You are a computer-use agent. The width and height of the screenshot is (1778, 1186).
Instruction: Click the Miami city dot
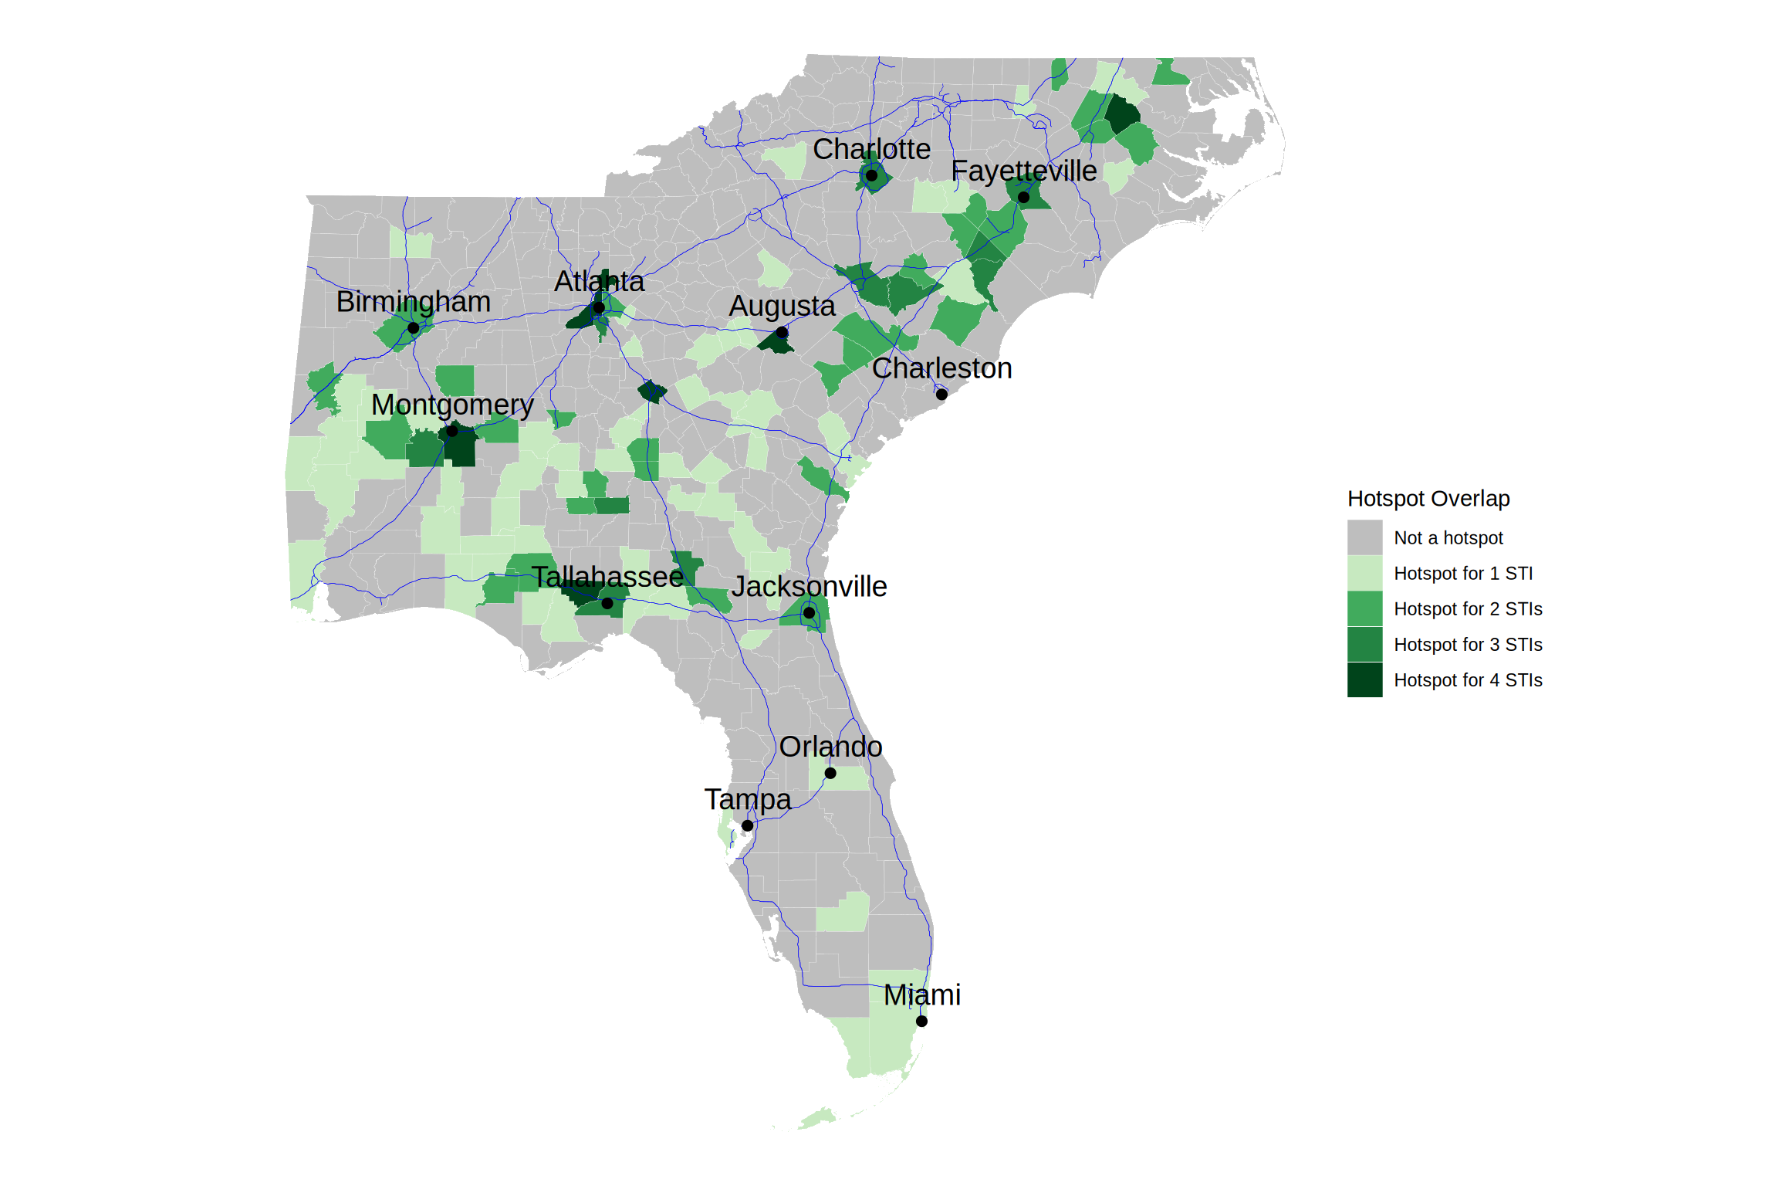point(921,1021)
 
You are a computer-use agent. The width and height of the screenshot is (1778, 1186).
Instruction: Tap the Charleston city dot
point(941,395)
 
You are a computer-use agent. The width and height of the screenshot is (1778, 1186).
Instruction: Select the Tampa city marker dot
point(747,825)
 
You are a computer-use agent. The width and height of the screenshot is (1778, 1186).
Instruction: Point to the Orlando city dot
point(830,773)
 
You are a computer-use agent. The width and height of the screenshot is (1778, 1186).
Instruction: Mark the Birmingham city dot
point(414,328)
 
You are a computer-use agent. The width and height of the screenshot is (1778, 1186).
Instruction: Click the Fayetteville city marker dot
point(1023,197)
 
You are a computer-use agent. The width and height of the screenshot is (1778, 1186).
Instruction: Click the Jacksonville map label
point(810,587)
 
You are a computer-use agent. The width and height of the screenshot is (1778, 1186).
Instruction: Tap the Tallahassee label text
point(607,577)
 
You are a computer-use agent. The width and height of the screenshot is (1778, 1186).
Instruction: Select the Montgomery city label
point(452,405)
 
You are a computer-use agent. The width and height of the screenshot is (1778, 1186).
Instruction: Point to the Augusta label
point(782,307)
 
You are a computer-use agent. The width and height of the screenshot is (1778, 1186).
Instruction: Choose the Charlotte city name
point(871,149)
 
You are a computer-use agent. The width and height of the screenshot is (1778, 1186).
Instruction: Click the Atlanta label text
point(599,282)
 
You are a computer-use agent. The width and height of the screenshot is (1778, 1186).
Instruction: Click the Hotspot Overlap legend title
point(1428,499)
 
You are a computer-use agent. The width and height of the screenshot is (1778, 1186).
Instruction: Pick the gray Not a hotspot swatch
point(1364,537)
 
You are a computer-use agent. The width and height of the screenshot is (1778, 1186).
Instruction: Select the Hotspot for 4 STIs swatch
point(1364,679)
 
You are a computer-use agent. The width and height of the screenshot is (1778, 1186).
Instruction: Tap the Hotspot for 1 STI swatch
point(1364,573)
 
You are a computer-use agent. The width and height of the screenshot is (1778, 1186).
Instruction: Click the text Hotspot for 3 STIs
point(1468,645)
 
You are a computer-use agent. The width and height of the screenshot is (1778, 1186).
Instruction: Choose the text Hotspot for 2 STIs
point(1468,609)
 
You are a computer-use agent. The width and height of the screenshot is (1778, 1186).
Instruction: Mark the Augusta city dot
point(782,333)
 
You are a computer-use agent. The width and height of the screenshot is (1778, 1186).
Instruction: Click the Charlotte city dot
point(871,175)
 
